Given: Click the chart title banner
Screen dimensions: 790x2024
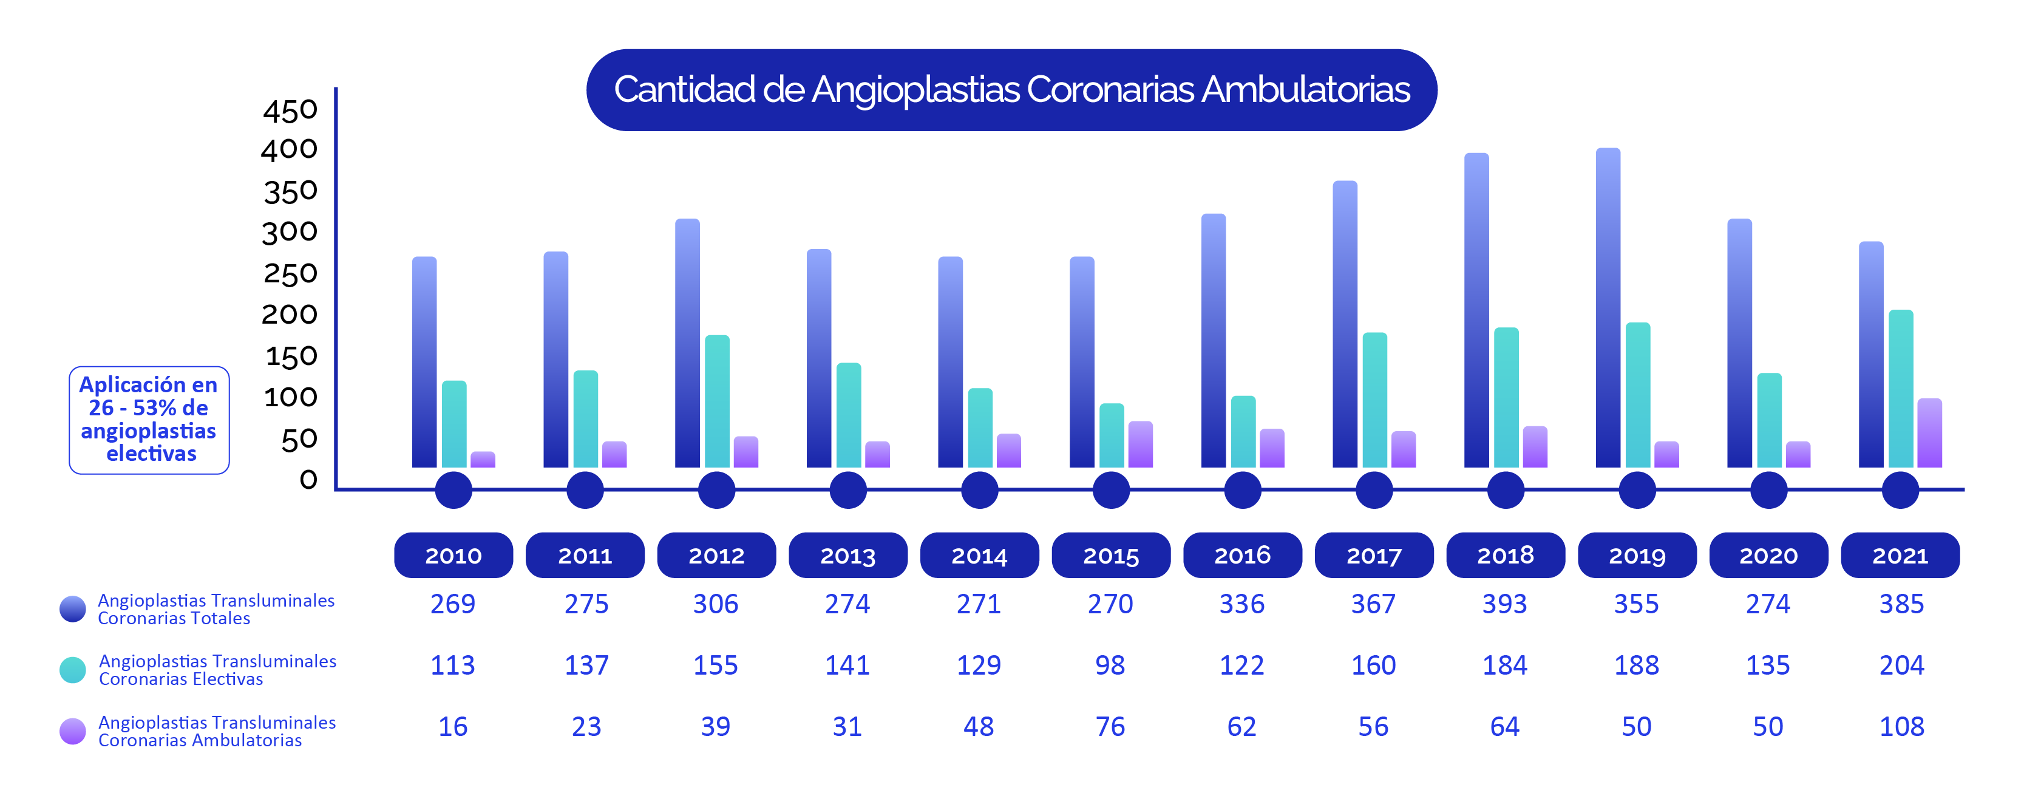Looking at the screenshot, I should (1011, 90).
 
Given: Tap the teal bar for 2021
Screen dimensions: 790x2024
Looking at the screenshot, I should (1901, 389).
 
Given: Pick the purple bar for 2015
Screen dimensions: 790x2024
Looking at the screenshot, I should (1140, 445).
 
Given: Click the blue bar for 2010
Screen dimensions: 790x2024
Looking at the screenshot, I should (424, 361).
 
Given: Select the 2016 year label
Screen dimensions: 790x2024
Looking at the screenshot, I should (1242, 556).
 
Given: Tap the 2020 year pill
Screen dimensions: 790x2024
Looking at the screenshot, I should (1768, 556).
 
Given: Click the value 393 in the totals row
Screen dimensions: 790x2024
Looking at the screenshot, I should (1504, 604).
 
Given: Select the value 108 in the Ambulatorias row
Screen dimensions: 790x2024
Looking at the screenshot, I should (1901, 726).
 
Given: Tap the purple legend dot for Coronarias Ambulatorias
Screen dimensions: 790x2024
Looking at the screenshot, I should (73, 731).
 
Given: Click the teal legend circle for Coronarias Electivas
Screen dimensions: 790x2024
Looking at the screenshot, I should (73, 670).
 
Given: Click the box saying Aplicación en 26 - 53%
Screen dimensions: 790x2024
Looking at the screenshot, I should (149, 420).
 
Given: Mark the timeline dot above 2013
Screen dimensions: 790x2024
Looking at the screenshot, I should (848, 489).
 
